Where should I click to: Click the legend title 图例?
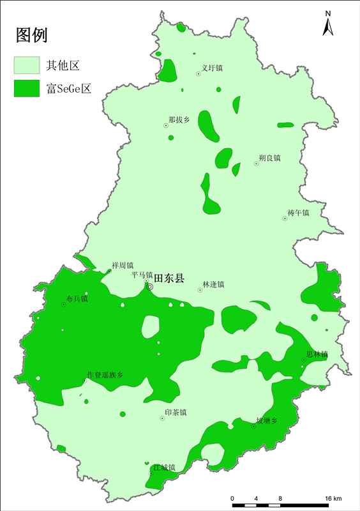tap(32, 35)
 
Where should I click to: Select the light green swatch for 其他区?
tap(27, 65)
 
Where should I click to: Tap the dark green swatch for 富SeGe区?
tap(27, 88)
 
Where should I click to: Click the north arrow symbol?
tap(327, 24)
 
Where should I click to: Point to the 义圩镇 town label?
tap(212, 68)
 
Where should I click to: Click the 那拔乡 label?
tap(179, 119)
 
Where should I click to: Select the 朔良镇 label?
tap(269, 157)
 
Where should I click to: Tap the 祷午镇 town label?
tap(297, 212)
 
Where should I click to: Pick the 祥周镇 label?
tap(123, 265)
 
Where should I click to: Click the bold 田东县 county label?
tap(169, 278)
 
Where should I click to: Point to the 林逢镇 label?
tap(213, 284)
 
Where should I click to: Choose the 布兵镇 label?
tap(77, 298)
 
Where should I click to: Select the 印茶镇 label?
tap(175, 413)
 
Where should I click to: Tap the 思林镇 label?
tap(317, 354)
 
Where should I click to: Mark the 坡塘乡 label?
tap(267, 420)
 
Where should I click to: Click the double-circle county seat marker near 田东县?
tap(150, 287)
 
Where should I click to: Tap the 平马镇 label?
tap(142, 275)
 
